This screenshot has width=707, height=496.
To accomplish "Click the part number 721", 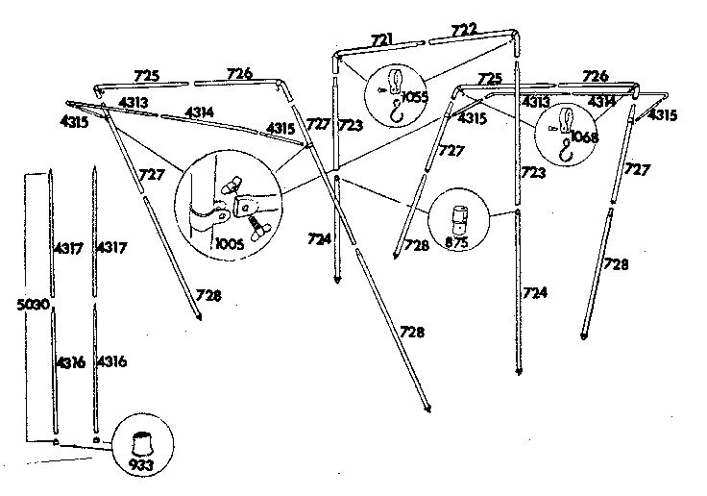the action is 382,39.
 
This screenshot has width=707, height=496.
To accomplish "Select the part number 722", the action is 464,30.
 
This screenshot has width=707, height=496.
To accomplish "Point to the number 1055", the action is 414,96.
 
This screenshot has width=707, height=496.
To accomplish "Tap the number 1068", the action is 584,136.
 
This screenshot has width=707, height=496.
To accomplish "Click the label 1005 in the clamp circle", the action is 230,244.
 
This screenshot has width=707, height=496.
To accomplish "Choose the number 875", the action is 456,242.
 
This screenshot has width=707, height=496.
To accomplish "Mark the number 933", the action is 140,464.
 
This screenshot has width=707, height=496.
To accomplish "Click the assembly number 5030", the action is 33,305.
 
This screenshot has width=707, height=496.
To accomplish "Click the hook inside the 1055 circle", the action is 397,112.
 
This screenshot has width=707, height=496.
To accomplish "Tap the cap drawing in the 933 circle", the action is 142,444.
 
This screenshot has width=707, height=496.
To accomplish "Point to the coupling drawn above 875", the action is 458,220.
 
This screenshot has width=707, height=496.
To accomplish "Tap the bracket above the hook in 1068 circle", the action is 566,120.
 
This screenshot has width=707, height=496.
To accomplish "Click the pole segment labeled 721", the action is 379,48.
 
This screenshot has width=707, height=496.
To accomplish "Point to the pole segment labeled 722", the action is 472,37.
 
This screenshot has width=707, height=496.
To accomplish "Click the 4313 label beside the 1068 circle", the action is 536,102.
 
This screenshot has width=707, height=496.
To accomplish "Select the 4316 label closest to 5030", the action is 70,362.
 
